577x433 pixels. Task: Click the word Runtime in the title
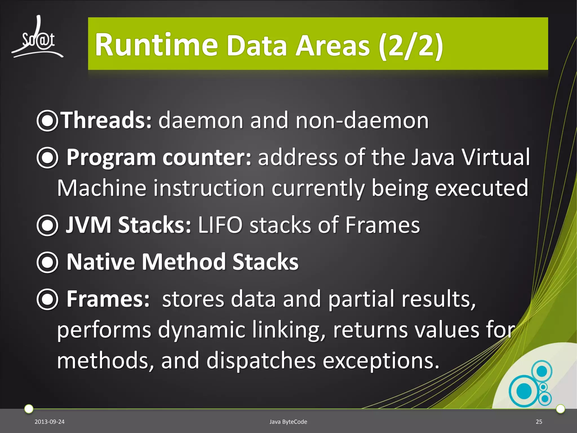click(156, 45)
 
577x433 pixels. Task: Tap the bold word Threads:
click(107, 120)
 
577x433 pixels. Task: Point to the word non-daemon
click(362, 121)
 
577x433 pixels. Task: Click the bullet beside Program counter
click(47, 158)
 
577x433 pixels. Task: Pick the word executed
click(481, 188)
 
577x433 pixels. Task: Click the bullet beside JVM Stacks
click(47, 225)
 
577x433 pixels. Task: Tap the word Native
click(101, 262)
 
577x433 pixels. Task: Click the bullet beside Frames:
click(47, 299)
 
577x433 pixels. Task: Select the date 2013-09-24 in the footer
click(50, 422)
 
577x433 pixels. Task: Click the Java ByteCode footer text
click(288, 422)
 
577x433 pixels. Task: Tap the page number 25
click(539, 422)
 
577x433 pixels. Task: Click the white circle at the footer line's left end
click(29, 408)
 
